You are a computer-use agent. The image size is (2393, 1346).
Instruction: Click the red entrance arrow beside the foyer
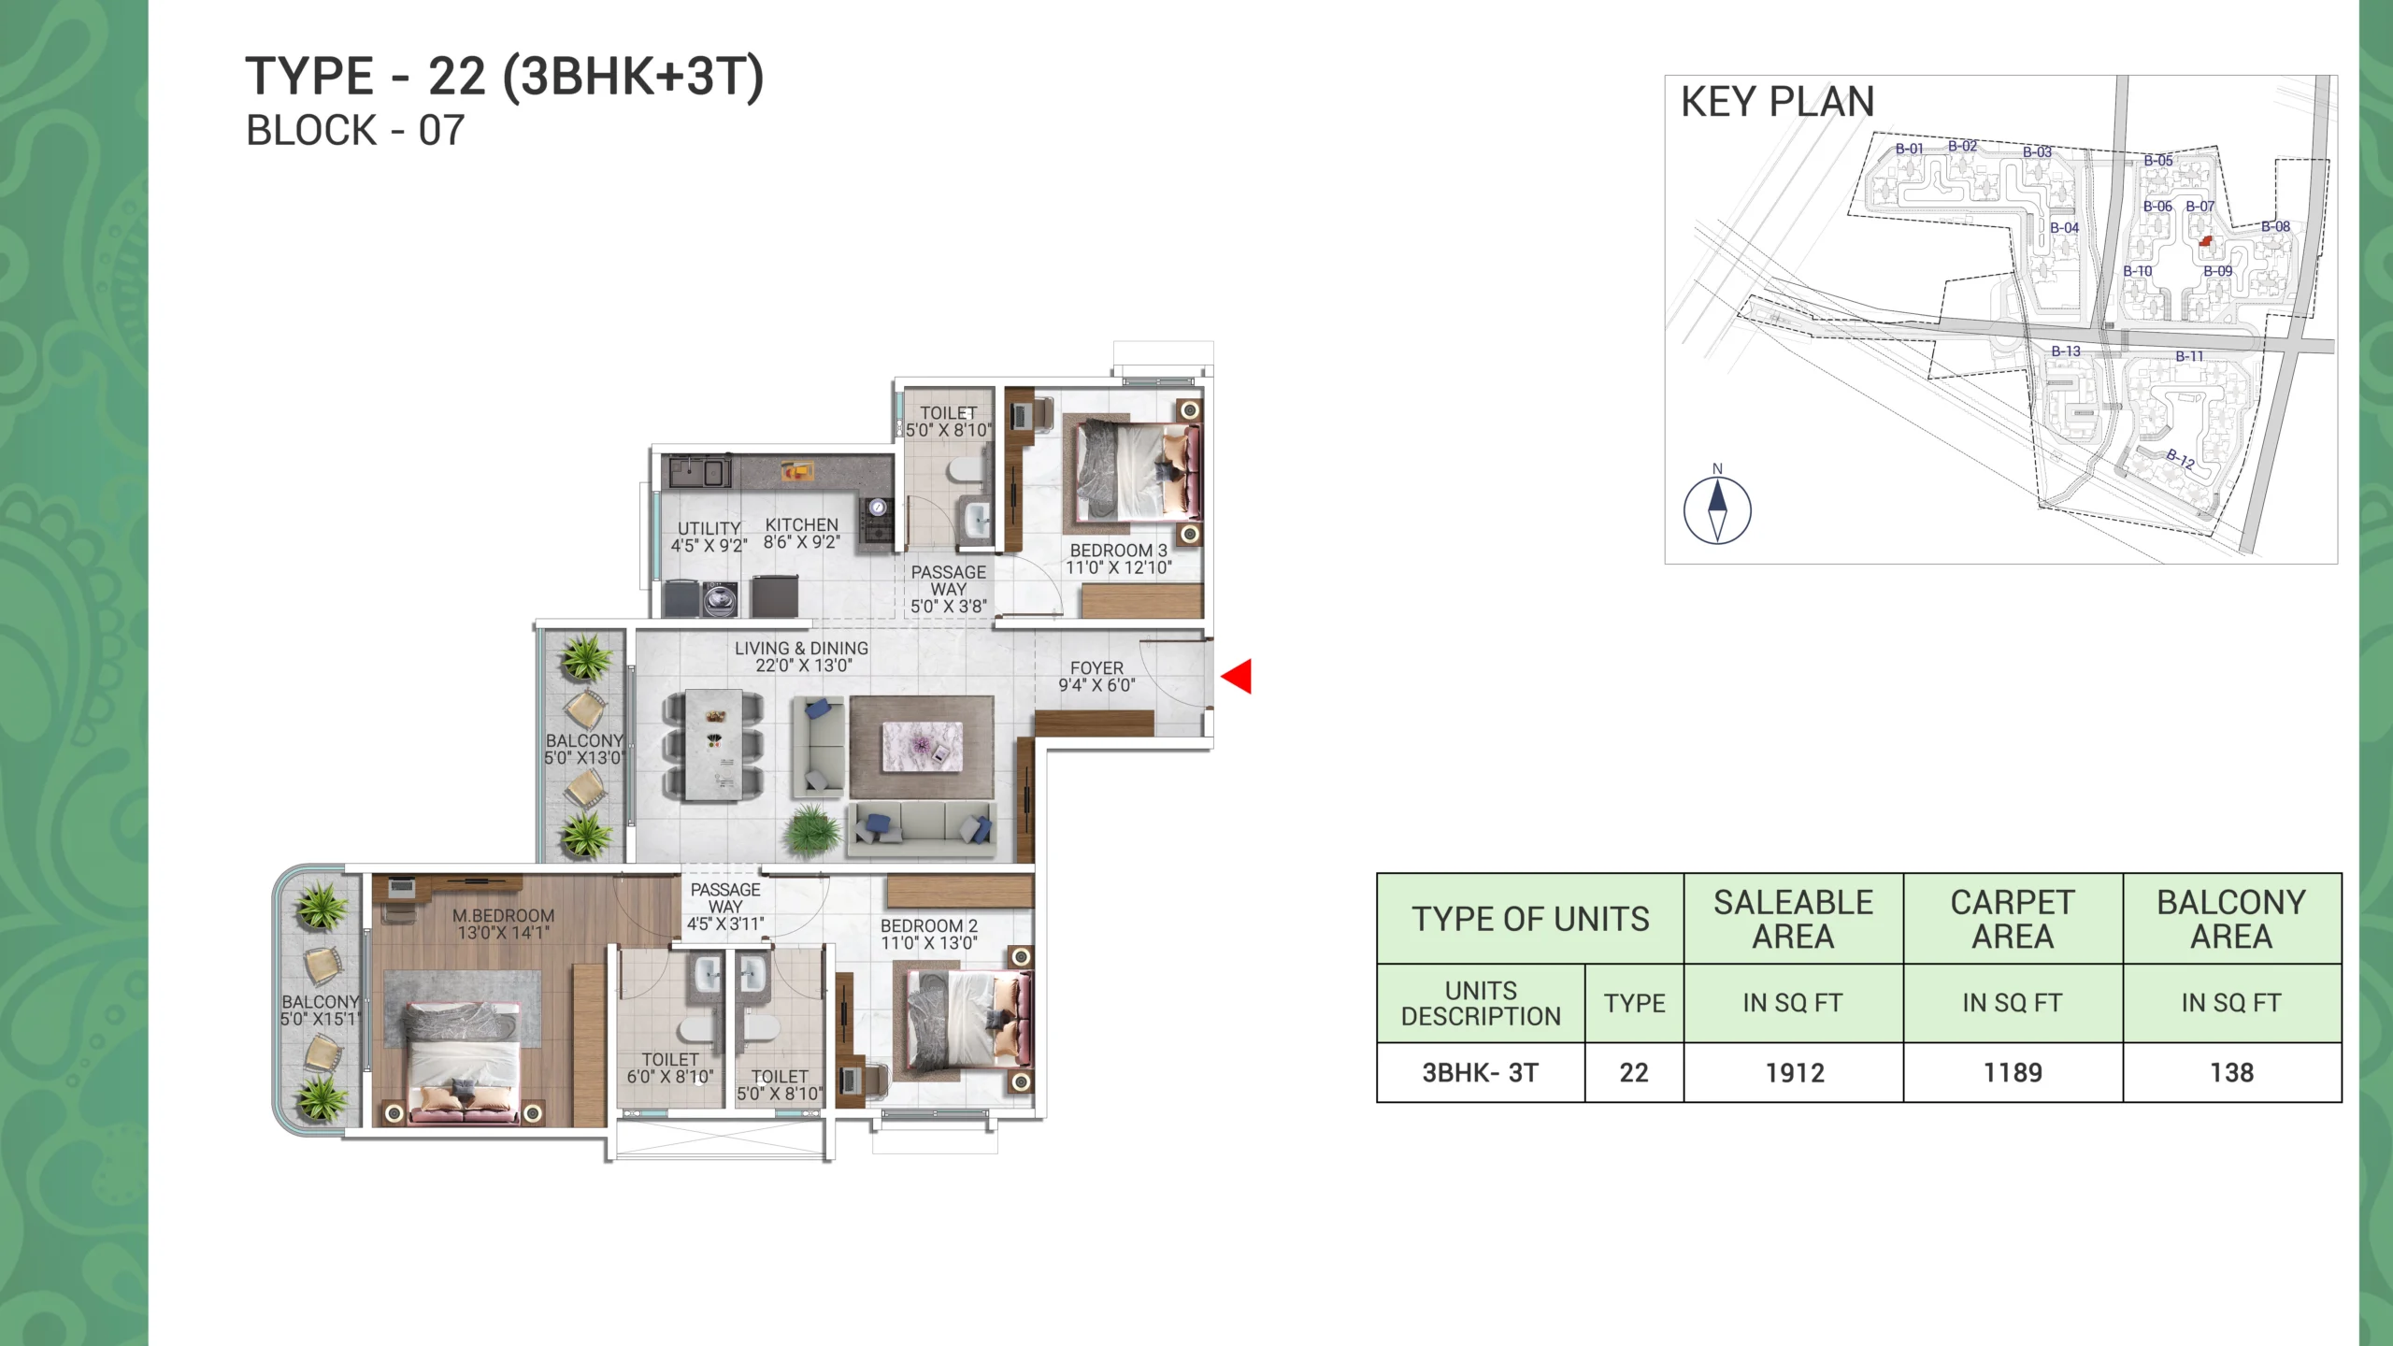point(1237,676)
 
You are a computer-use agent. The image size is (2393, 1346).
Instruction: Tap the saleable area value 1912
point(1795,1073)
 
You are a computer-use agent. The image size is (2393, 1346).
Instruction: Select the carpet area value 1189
point(2013,1073)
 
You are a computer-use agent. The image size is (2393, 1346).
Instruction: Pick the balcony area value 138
point(2232,1073)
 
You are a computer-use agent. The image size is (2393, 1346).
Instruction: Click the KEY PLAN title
point(1778,102)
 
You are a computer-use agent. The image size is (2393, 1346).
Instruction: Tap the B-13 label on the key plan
point(2066,351)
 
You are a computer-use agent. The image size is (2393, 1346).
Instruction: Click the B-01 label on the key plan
point(1910,149)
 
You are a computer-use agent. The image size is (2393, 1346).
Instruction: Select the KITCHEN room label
point(802,525)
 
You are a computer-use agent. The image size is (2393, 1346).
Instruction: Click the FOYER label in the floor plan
point(1096,668)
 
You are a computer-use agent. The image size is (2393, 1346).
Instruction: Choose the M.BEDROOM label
point(504,916)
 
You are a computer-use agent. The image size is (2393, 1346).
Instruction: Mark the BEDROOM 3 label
point(1119,551)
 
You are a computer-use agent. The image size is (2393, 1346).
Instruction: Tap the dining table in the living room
point(714,745)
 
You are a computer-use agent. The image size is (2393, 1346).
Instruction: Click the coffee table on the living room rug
point(922,746)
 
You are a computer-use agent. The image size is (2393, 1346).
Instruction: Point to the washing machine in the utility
point(719,599)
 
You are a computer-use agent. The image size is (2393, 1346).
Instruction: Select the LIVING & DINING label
point(801,648)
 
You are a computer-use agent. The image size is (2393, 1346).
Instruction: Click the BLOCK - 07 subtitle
point(355,131)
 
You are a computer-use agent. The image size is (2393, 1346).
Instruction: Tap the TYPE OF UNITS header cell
point(1530,919)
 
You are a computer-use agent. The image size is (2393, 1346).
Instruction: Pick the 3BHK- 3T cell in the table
point(1481,1073)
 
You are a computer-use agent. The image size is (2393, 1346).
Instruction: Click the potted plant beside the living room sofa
point(811,831)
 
